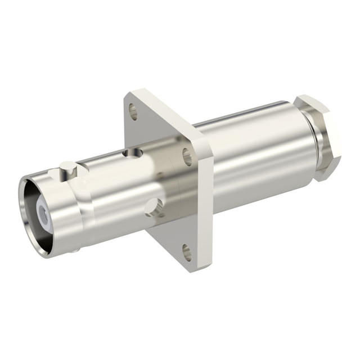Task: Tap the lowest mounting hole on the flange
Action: [186, 252]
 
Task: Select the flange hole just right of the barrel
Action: [187, 156]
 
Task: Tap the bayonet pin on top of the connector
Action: [66, 167]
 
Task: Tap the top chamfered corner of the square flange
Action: [135, 91]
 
